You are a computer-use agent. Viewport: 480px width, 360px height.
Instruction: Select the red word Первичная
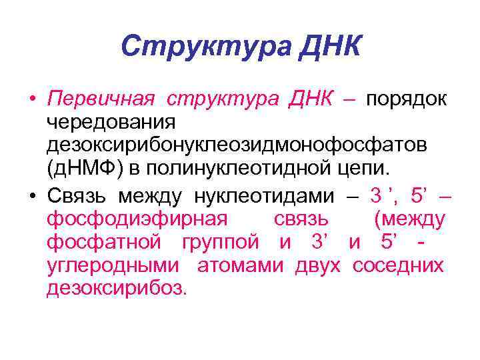[101, 100]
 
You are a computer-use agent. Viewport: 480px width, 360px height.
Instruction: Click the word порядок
[409, 100]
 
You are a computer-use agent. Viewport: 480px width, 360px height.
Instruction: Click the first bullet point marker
[32, 101]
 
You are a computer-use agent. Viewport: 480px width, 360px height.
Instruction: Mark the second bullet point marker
[32, 197]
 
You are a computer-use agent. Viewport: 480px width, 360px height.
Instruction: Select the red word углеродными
[113, 265]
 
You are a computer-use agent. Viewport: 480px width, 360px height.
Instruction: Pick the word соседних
[397, 265]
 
